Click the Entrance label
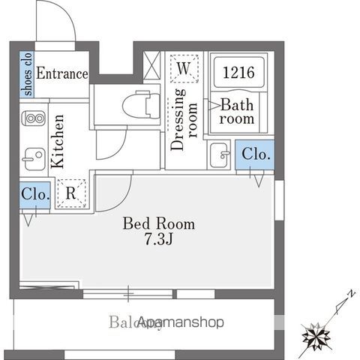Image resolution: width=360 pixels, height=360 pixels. [62, 73]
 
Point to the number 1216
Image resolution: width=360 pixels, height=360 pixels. [238, 73]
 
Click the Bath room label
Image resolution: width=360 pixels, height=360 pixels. [237, 111]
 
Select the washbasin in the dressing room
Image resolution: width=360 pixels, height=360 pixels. [220, 155]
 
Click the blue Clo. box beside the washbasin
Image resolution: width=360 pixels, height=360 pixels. [254, 154]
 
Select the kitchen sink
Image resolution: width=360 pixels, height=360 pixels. [33, 158]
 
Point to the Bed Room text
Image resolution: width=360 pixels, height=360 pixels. [158, 223]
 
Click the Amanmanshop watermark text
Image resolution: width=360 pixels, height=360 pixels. [181, 322]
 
